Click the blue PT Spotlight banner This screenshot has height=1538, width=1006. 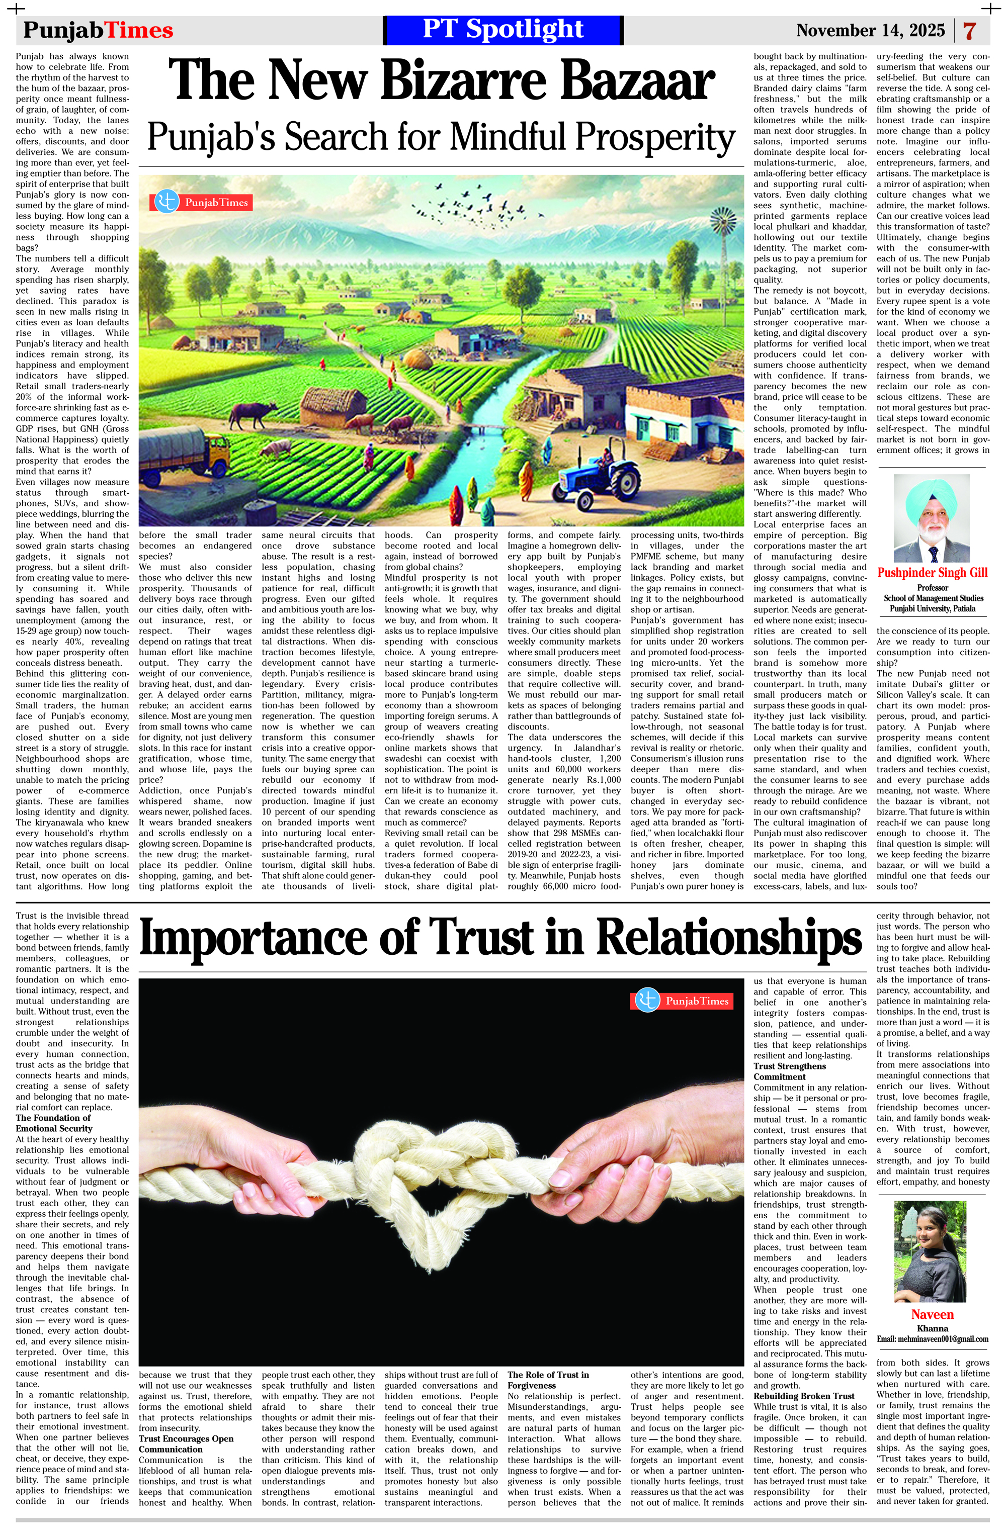click(502, 30)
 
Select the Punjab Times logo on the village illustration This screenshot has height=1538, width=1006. click(200, 202)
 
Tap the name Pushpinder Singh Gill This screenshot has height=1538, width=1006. click(932, 573)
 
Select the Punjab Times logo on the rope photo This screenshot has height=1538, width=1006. click(682, 1001)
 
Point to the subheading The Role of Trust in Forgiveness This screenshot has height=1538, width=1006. click(548, 1380)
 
